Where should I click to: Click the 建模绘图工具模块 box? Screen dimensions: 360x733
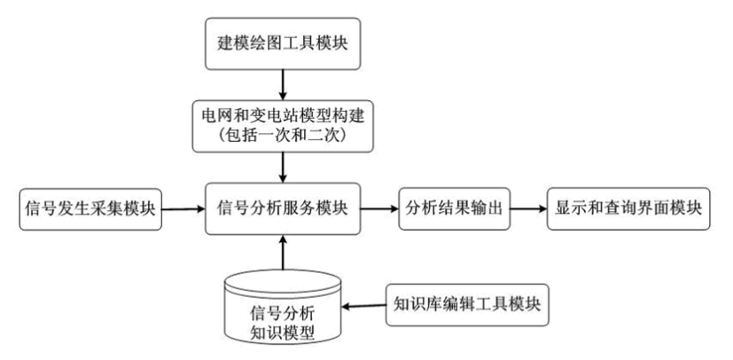pyautogui.click(x=283, y=43)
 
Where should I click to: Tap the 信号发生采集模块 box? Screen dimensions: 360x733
pyautogui.click(x=89, y=210)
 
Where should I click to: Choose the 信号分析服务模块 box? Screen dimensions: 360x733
pyautogui.click(x=283, y=210)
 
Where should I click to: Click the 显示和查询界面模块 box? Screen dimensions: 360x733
pyautogui.click(x=628, y=210)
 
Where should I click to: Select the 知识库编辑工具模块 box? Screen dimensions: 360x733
pyautogui.click(x=469, y=307)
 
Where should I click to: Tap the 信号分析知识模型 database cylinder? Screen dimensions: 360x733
pyautogui.click(x=283, y=307)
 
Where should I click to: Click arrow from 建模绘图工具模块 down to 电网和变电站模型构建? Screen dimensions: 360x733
pyautogui.click(x=283, y=84)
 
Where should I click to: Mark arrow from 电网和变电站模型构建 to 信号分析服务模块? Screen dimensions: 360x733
pyautogui.click(x=283, y=168)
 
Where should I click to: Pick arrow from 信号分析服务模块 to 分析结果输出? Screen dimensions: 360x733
pyautogui.click(x=378, y=210)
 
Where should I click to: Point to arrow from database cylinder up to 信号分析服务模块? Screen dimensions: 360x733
pyautogui.click(x=283, y=252)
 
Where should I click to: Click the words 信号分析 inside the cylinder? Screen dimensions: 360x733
pyautogui.click(x=283, y=310)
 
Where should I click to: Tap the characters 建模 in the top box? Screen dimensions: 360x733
pyautogui.click(x=233, y=43)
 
